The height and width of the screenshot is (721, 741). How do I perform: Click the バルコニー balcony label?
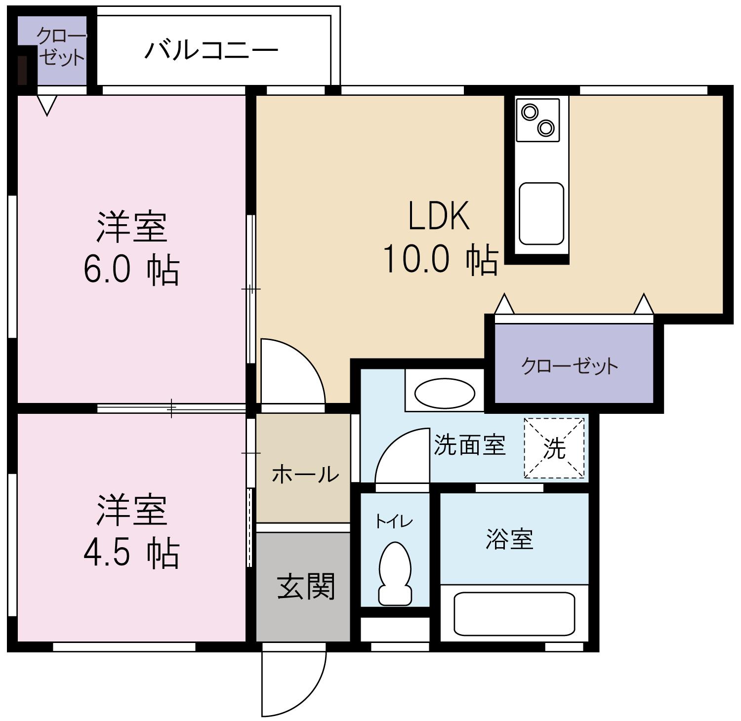click(x=211, y=50)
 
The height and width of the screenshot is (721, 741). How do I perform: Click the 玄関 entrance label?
click(x=306, y=587)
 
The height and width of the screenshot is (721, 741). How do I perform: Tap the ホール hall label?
click(x=305, y=474)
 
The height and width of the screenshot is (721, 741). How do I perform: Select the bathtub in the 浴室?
click(x=514, y=614)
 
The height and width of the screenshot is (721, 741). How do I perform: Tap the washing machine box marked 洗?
click(x=554, y=448)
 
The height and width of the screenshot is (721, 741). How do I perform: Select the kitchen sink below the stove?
click(x=541, y=213)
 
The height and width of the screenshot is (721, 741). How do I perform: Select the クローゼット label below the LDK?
click(x=569, y=366)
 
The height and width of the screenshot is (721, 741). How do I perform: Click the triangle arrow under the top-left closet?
click(x=47, y=105)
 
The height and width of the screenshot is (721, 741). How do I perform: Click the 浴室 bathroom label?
click(x=509, y=539)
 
